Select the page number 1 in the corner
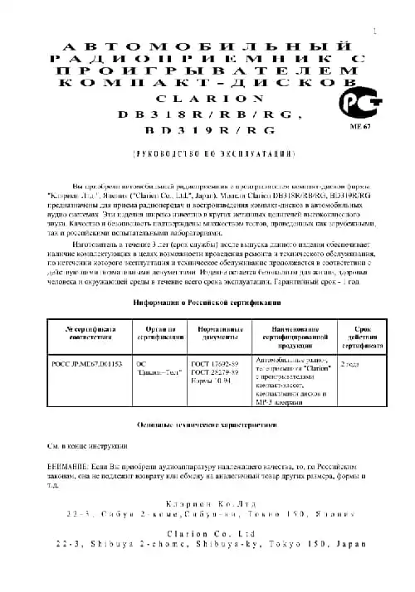coord(375,32)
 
